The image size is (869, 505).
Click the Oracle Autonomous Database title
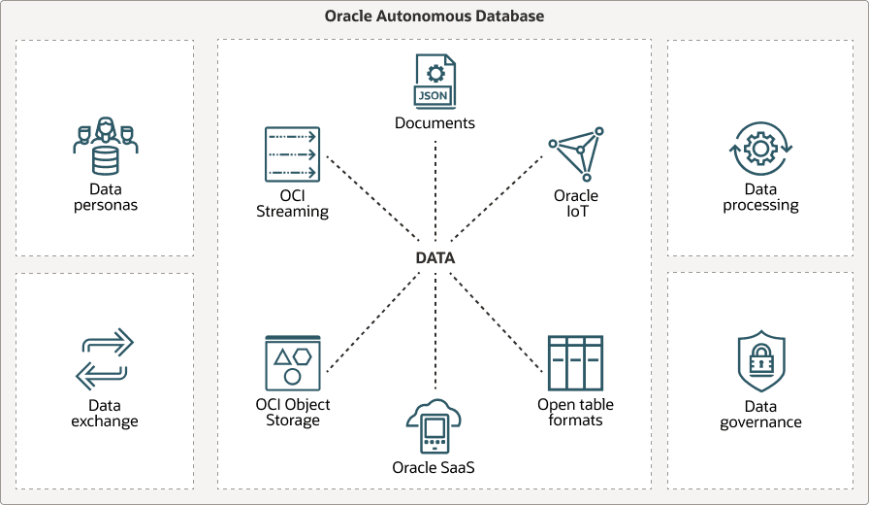pyautogui.click(x=434, y=17)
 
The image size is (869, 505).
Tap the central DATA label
pyautogui.click(x=434, y=258)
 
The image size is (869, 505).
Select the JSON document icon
pyautogui.click(x=434, y=81)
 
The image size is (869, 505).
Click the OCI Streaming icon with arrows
pyautogui.click(x=292, y=154)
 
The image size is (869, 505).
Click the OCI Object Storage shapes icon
pyautogui.click(x=292, y=363)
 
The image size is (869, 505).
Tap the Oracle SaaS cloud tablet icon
pyautogui.click(x=434, y=426)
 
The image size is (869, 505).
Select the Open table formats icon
pyautogui.click(x=575, y=363)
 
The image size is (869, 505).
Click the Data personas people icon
pyautogui.click(x=106, y=145)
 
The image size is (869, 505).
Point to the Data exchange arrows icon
pyautogui.click(x=105, y=358)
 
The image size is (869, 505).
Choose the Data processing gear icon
pyautogui.click(x=760, y=149)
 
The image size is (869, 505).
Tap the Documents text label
pyautogui.click(x=434, y=123)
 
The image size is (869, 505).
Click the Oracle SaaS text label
pyautogui.click(x=434, y=468)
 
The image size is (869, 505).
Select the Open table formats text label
pyautogui.click(x=575, y=412)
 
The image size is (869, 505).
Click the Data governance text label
pyautogui.click(x=760, y=415)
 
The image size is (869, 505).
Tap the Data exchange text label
pyautogui.click(x=105, y=414)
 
